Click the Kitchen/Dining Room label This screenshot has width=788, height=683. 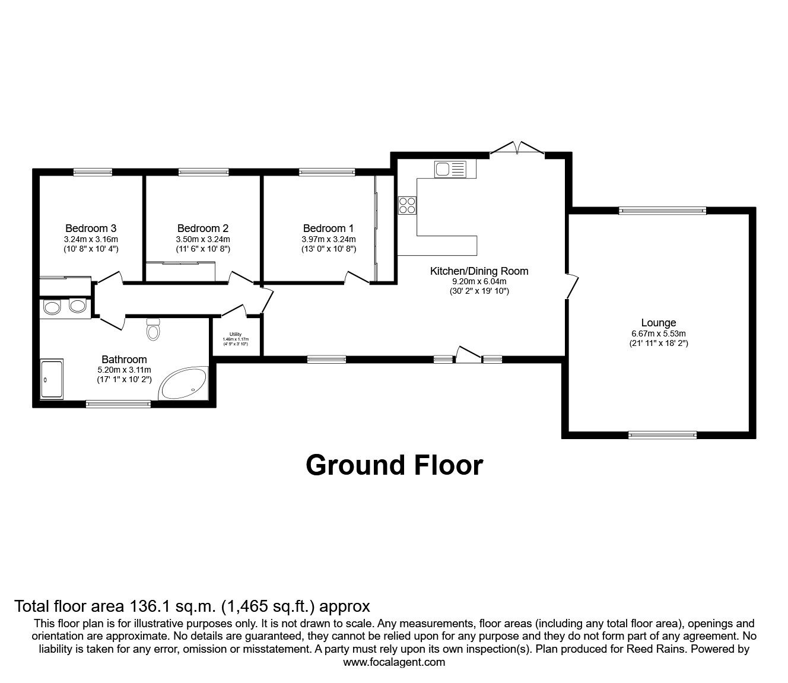479,271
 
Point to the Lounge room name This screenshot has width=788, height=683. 658,323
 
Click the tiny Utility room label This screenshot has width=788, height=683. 236,335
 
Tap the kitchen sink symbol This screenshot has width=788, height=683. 451,169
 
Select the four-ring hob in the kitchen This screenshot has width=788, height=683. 408,205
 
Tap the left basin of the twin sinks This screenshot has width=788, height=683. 53,307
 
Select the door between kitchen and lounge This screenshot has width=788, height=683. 571,286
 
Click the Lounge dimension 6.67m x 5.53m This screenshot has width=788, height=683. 659,333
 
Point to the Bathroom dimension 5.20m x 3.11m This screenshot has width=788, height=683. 124,370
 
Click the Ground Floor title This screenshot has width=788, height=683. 394,465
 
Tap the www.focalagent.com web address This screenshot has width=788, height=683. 394,662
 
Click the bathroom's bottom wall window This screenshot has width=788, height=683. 118,404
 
